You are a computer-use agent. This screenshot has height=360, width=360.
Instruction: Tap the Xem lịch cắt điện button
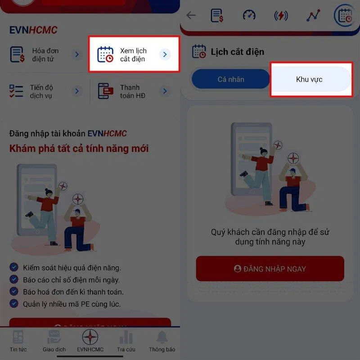(134, 54)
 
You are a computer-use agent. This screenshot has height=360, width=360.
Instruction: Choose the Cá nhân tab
(230, 79)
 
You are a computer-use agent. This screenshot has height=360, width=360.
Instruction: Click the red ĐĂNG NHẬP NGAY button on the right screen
(270, 269)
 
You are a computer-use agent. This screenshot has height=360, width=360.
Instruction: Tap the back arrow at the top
(191, 15)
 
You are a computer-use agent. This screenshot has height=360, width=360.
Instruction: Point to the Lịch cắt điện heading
(237, 52)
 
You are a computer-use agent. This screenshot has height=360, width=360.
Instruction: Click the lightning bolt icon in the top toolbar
(281, 15)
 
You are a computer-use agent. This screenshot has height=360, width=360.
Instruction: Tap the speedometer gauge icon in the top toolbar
(249, 15)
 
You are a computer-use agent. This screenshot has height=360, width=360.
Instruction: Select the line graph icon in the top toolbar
(313, 15)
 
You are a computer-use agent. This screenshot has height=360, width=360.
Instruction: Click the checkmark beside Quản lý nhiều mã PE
(14, 303)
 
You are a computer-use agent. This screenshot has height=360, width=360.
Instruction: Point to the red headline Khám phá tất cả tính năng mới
(79, 148)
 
